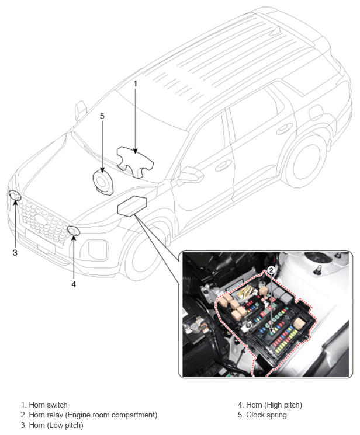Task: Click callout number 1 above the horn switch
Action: click(x=135, y=83)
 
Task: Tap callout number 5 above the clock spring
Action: click(x=102, y=116)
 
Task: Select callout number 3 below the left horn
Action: click(x=15, y=252)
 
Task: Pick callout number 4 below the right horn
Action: click(x=74, y=284)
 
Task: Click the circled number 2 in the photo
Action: click(x=271, y=270)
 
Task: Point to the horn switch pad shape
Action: click(x=135, y=162)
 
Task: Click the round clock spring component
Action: click(x=103, y=183)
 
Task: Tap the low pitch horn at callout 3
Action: click(x=15, y=195)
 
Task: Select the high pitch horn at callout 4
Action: click(x=73, y=231)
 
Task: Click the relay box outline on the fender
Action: click(x=132, y=206)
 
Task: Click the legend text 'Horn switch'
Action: click(x=48, y=405)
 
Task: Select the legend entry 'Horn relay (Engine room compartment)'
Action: click(x=93, y=415)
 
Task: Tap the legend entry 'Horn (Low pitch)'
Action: click(x=56, y=425)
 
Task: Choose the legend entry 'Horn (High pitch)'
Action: click(x=274, y=405)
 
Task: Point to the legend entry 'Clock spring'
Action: click(x=266, y=415)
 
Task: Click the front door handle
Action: click(x=221, y=167)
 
